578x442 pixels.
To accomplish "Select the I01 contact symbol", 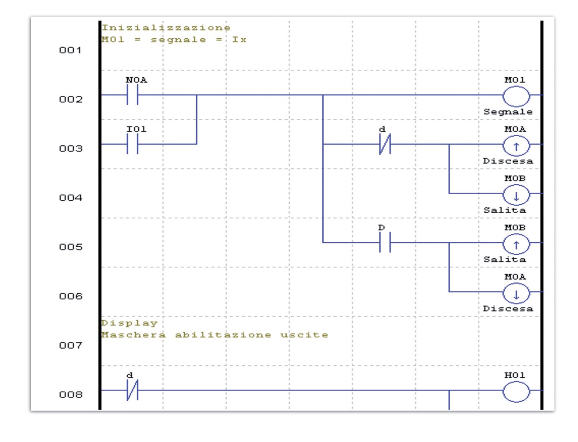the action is [132, 144].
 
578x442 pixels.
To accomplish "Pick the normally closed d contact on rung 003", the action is [385, 144].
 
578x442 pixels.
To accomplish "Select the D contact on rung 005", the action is [385, 242].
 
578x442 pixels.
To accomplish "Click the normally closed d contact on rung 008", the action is [132, 390].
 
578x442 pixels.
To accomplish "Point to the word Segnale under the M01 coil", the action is [508, 112].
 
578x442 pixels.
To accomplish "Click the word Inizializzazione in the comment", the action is [166, 27].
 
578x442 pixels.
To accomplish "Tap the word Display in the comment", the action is [130, 323].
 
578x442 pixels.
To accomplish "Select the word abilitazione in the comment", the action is [223, 335].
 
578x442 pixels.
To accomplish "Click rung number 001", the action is [70, 50].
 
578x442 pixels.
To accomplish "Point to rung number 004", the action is [70, 198].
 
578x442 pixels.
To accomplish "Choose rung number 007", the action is [70, 345].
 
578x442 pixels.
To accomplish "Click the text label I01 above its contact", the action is [136, 129].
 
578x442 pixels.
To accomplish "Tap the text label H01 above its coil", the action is [515, 375].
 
